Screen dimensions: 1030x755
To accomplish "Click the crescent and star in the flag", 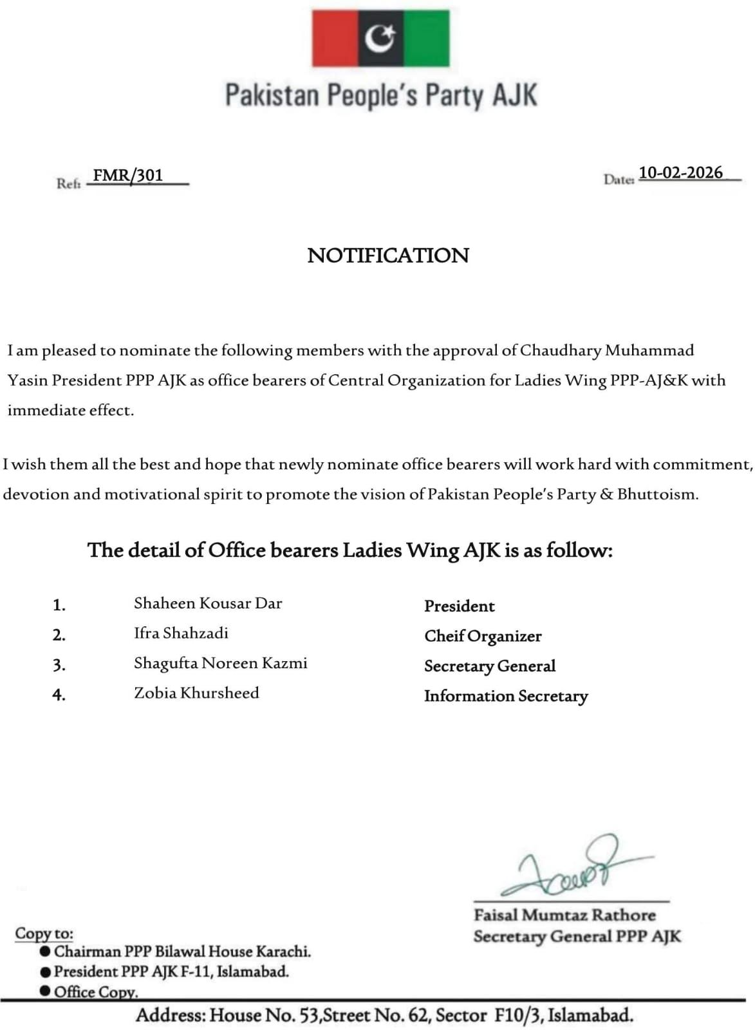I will click(x=380, y=39).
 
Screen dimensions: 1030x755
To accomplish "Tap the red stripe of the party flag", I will click(x=335, y=39).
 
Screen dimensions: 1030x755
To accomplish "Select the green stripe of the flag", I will click(x=426, y=39).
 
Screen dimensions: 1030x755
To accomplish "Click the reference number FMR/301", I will click(x=128, y=175).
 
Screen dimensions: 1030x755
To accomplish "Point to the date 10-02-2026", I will click(x=680, y=173).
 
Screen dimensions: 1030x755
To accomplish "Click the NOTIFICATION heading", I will click(x=388, y=256).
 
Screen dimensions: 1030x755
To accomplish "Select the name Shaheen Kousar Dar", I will click(x=208, y=603).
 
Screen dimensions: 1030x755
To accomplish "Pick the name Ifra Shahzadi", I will click(x=181, y=633).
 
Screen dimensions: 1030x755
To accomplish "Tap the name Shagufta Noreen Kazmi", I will click(x=220, y=663).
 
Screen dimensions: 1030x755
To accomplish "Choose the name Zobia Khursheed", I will click(x=196, y=693).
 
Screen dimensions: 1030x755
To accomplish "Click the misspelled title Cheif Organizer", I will click(x=483, y=636).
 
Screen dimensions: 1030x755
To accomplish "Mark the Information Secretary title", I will click(x=506, y=696).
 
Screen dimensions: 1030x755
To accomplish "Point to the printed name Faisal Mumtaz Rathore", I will click(x=564, y=915).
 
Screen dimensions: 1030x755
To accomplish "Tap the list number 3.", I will click(x=59, y=665).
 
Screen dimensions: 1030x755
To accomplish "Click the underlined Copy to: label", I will click(x=44, y=933).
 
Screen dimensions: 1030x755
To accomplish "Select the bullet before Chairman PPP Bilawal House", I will click(x=45, y=951).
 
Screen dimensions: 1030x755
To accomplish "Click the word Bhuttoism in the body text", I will click(x=657, y=494).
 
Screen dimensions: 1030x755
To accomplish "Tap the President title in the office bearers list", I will click(x=459, y=606).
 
